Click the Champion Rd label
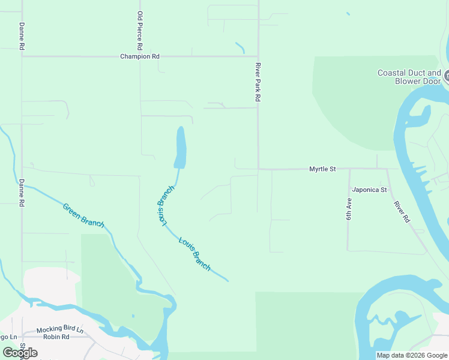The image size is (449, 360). coord(140,56)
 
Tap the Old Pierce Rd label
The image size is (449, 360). coord(140,30)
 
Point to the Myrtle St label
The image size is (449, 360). coord(322,169)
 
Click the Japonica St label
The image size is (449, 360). coord(369,190)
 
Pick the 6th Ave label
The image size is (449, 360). coord(349,209)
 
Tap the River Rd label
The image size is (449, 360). coord(402,212)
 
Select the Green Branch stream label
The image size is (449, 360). coord(83,215)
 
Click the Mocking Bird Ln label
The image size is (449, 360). coord(59,330)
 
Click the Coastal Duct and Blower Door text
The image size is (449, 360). coord(409,77)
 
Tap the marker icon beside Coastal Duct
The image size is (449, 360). coord(447,76)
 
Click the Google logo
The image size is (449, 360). coord(20,352)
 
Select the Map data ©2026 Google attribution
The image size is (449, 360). coord(411,355)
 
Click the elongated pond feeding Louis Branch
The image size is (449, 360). coord(179,148)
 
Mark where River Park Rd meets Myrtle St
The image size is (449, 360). coord(258,169)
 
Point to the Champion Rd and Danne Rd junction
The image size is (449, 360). coord(22,56)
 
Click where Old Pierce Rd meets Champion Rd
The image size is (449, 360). coord(140,56)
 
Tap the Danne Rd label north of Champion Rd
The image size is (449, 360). coord(22,36)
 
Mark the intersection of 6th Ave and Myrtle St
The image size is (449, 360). coord(349,169)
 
